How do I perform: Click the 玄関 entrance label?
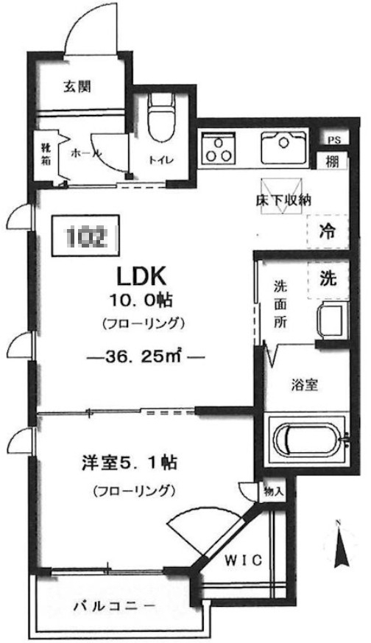[x=77, y=87]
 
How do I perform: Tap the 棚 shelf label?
[x=332, y=162]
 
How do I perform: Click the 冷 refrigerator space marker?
[x=326, y=231]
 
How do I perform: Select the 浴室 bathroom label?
[x=302, y=384]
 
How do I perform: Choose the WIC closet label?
[x=242, y=560]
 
